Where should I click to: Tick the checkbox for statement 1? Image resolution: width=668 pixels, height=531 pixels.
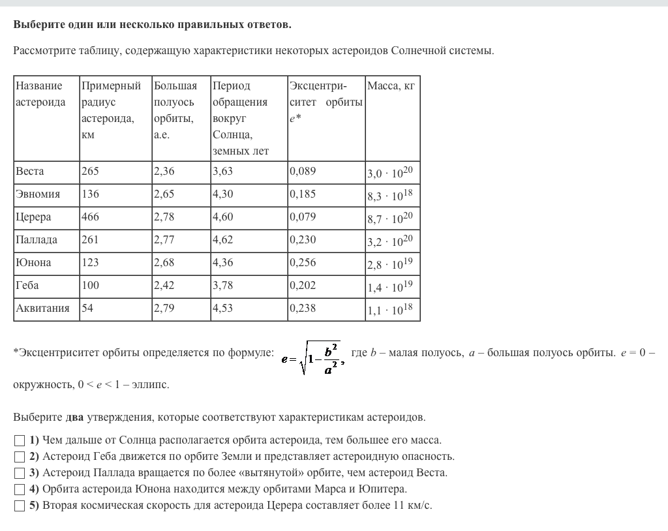click(20, 440)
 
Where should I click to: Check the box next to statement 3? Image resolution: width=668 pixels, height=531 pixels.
click(20, 473)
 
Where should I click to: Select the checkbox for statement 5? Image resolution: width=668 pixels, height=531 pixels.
click(20, 506)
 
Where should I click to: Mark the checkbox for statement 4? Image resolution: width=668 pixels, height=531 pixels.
click(20, 489)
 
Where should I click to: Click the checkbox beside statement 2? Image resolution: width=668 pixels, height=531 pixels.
click(20, 457)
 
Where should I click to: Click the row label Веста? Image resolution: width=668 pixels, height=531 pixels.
click(30, 172)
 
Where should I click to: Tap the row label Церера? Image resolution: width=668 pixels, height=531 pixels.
click(33, 217)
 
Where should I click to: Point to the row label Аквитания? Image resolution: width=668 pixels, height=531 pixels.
click(42, 309)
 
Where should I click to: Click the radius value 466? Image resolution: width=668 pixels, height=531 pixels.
click(90, 217)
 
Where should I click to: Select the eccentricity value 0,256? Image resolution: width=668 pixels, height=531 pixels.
click(303, 263)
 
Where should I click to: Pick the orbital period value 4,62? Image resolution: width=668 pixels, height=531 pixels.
click(222, 240)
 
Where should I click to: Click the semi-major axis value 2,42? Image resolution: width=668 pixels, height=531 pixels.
click(164, 286)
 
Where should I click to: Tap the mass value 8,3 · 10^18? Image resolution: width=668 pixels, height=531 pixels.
click(390, 195)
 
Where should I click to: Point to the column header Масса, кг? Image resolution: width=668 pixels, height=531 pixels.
click(391, 86)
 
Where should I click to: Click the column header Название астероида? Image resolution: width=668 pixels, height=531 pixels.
click(40, 94)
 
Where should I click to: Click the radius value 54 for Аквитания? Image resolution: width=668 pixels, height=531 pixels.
click(87, 309)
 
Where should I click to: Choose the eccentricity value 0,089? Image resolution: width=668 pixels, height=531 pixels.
click(303, 172)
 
